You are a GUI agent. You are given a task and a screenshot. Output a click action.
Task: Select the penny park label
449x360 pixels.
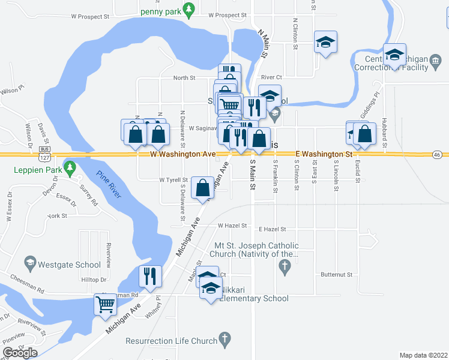pyautogui.click(x=160, y=11)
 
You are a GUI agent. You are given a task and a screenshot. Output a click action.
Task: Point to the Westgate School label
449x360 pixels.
pyautogui.click(x=69, y=264)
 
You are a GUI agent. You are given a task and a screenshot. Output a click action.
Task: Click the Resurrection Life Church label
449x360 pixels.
pyautogui.click(x=172, y=341)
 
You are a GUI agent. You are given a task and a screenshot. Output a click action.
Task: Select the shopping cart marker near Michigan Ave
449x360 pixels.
pyautogui.click(x=106, y=304)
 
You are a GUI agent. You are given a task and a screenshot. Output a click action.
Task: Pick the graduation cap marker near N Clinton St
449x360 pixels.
pyautogui.click(x=325, y=41)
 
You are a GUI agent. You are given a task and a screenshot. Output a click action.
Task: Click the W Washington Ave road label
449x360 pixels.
pyautogui.click(x=183, y=154)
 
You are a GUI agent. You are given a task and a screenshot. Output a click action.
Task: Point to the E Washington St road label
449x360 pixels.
pyautogui.click(x=324, y=154)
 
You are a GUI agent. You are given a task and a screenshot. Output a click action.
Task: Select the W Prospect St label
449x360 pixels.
pyautogui.click(x=228, y=15)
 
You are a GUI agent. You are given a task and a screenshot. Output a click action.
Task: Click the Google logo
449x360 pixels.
pyautogui.click(x=20, y=352)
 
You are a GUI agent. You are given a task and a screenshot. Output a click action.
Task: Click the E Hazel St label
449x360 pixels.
pyautogui.click(x=273, y=229)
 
